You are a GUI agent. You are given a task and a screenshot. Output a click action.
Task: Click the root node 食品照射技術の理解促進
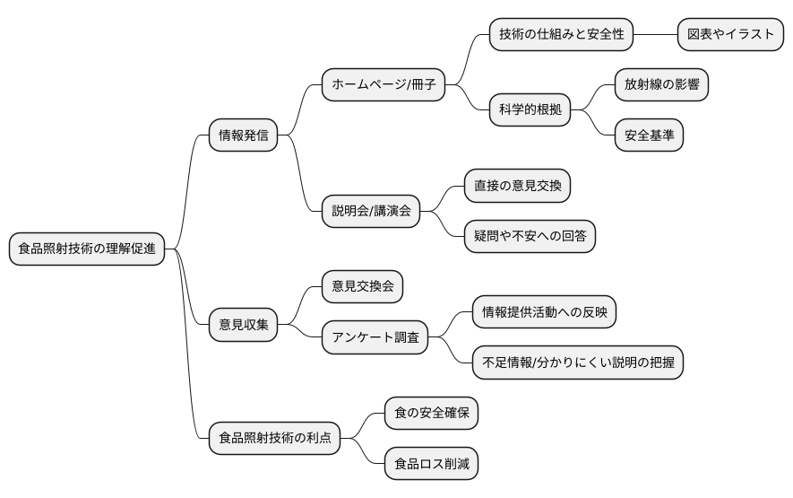tap(86, 249)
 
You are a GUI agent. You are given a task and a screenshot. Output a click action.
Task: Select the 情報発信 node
tap(243, 136)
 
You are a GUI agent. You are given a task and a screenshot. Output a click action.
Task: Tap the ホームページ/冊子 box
tap(384, 85)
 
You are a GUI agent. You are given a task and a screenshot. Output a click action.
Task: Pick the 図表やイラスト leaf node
tap(729, 35)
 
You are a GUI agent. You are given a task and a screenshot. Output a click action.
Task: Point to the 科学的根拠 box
tap(530, 110)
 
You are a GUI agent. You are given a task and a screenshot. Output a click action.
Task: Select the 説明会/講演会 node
tap(371, 211)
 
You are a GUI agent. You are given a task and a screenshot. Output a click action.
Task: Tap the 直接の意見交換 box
tap(517, 186)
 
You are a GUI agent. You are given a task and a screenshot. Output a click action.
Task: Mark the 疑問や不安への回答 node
tap(529, 236)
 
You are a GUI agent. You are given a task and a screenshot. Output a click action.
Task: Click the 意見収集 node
tap(243, 325)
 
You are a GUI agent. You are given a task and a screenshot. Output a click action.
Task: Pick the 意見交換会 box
tap(362, 287)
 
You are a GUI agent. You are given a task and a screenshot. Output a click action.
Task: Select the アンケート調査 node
tap(375, 337)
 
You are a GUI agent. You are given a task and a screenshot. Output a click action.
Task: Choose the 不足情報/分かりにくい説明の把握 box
tap(578, 363)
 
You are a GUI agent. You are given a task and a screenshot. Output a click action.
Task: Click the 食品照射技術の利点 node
tap(275, 438)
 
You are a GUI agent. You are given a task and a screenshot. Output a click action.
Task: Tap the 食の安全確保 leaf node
tap(431, 413)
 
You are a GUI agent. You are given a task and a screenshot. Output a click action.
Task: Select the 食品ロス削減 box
tap(431, 463)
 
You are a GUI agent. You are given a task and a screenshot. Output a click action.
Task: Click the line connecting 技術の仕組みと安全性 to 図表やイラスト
tap(655, 35)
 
